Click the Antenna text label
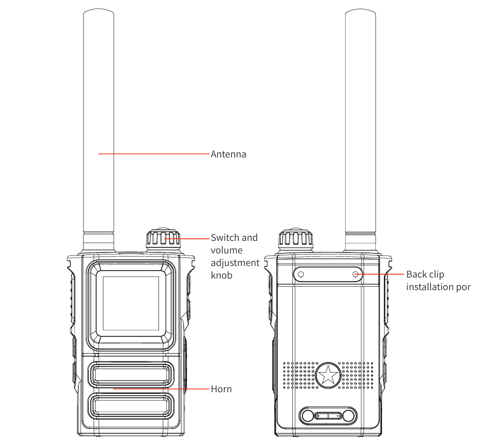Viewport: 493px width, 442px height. [x=228, y=154]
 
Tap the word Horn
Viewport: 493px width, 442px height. [x=221, y=389]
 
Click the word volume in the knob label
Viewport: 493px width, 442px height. [x=226, y=250]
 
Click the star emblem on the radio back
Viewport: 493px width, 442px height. [x=328, y=375]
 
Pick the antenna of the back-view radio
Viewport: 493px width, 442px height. [x=360, y=126]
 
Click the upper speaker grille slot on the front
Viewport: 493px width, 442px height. [x=131, y=374]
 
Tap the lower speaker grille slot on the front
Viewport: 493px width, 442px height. [x=131, y=406]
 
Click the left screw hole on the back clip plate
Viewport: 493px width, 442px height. [x=301, y=275]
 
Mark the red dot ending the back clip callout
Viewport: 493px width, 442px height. [x=356, y=275]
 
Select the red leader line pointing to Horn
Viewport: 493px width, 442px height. [x=161, y=389]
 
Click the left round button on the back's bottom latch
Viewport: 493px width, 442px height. [x=307, y=416]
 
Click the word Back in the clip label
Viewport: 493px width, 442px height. [x=417, y=275]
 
